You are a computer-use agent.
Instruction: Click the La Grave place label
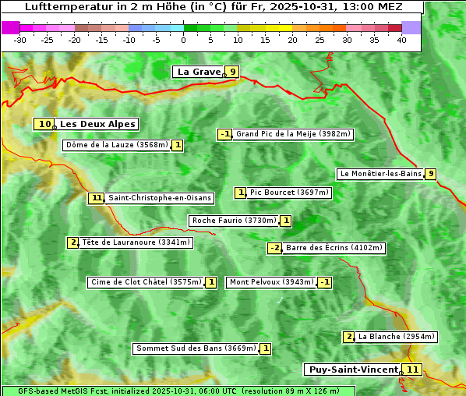199,72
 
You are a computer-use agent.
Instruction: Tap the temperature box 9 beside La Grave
232,72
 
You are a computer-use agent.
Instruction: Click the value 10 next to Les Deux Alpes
44,124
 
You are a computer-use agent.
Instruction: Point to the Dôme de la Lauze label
117,145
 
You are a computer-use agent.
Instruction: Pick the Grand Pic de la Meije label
294,134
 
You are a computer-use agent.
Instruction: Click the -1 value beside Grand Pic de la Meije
225,134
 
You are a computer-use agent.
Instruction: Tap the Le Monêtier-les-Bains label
380,174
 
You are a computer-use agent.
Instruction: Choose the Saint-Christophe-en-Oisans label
160,198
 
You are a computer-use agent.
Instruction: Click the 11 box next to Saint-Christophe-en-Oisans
97,198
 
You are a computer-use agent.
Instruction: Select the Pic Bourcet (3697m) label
289,193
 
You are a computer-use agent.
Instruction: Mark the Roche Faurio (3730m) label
234,221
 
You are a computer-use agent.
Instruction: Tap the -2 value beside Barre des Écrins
274,248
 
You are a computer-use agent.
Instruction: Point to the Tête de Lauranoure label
136,242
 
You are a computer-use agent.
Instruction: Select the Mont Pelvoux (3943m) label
271,282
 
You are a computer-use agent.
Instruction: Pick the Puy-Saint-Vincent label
353,369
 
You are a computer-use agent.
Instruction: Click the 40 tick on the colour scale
401,39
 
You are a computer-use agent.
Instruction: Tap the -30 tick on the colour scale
20,39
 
